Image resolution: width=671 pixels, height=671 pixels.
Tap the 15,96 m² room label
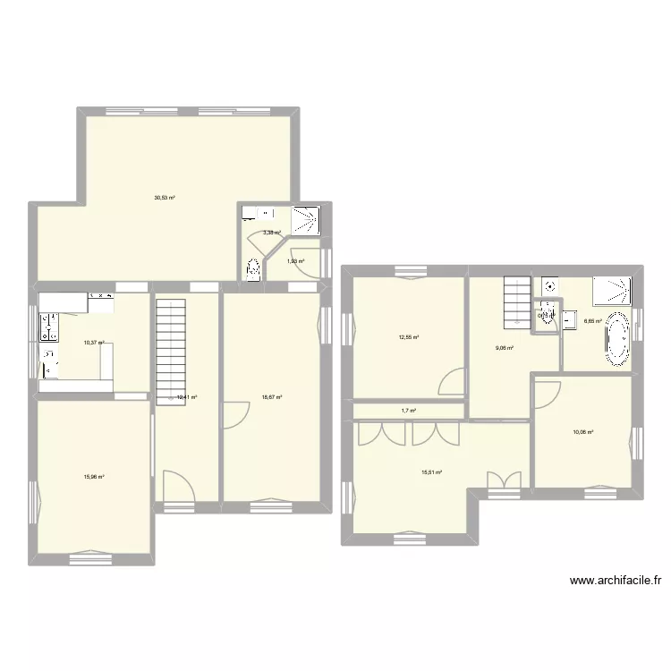[x=92, y=477]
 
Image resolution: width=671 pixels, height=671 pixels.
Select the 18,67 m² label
[x=272, y=398]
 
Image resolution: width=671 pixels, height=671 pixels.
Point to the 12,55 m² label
[x=409, y=337]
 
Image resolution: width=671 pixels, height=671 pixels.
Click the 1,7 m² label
[x=409, y=411]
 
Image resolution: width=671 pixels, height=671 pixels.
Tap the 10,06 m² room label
[x=583, y=432]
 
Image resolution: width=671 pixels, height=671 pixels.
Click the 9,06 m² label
[x=504, y=348]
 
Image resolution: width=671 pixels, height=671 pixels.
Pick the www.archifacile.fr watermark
[x=616, y=581]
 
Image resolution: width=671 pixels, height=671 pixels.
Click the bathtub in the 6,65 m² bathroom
[x=617, y=340]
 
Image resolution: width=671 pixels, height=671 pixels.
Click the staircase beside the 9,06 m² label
[x=516, y=301]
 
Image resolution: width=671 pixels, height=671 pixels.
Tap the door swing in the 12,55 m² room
[x=453, y=383]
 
